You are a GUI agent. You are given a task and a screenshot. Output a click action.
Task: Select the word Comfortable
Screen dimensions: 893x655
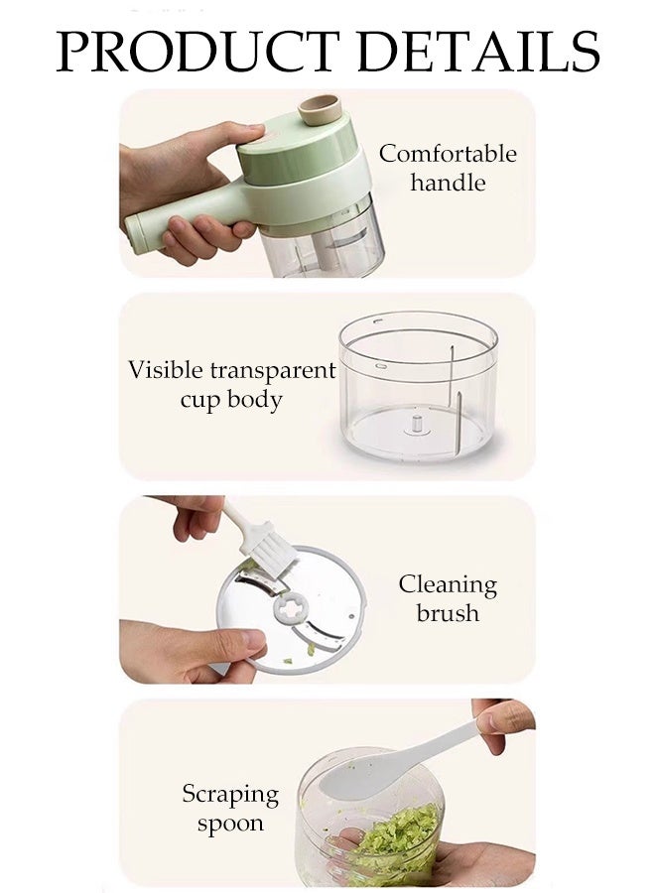coord(448,154)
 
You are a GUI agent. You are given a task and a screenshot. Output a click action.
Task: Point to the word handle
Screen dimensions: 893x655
coord(448,183)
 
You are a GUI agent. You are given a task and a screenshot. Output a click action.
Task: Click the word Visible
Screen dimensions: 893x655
coord(164,370)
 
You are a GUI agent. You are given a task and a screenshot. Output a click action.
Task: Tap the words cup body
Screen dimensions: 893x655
coord(231,400)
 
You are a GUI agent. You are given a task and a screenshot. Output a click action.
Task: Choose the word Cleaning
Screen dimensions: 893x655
coord(448,584)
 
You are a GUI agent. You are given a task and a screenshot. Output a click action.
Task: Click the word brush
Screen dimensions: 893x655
coord(448,613)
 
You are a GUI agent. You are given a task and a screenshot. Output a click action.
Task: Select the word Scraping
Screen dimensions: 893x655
coord(230,795)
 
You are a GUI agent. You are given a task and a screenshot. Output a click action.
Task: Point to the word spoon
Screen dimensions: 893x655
coord(230,824)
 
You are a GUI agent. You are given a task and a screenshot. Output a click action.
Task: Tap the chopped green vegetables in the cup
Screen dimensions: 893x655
coord(397,838)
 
